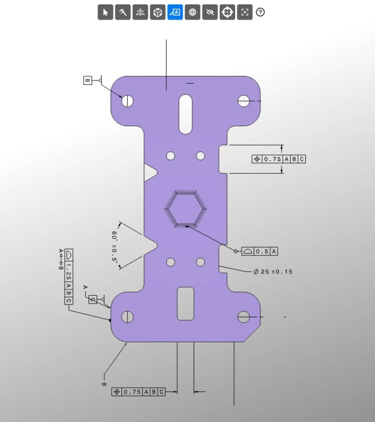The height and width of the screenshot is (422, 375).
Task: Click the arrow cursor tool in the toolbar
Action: coord(105,12)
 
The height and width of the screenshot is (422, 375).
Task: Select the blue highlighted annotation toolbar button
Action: coord(175,12)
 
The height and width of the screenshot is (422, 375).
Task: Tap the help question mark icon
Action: coord(260,12)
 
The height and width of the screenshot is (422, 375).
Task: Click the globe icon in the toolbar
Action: coord(192,12)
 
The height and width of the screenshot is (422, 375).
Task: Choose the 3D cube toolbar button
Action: coord(157,12)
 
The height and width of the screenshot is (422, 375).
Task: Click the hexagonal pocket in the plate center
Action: coord(186,209)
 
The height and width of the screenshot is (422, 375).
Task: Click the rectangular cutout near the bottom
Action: coord(186,304)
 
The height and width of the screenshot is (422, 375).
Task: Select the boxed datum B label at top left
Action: coord(87,80)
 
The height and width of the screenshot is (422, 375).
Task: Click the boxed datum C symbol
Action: coord(93,300)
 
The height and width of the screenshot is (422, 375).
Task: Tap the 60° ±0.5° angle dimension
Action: coord(115,246)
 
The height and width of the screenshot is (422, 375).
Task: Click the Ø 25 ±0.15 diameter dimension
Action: coord(273,272)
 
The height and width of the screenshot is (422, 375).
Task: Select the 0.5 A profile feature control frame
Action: coord(260,251)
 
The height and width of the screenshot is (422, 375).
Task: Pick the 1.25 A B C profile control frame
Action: coord(68,277)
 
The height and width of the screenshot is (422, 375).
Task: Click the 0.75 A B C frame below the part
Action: coord(138,392)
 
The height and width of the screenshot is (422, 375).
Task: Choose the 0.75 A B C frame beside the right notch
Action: coord(279,159)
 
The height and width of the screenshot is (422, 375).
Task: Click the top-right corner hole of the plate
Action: coord(244,101)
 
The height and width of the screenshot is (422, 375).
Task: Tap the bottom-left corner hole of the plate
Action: coord(127,317)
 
